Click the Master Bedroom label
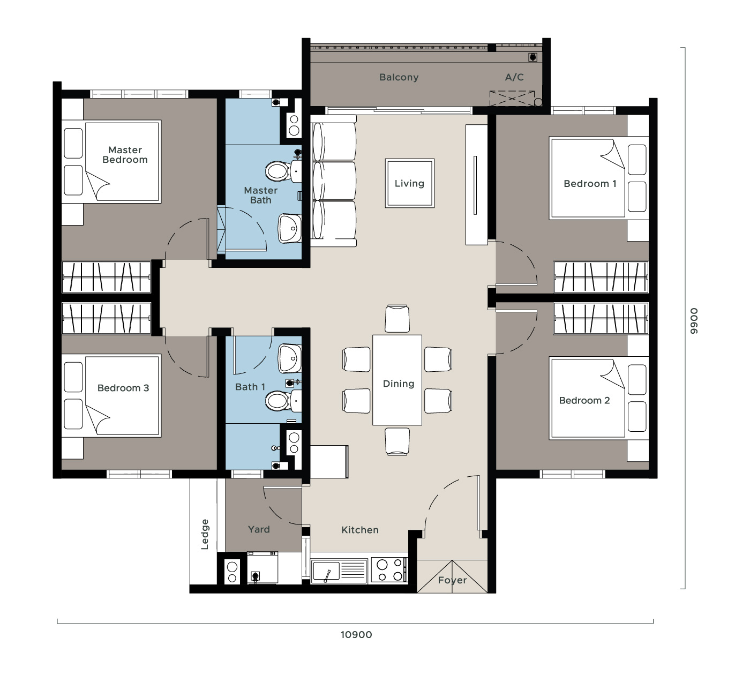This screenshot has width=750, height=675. [125, 155]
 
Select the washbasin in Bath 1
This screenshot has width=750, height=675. [290, 358]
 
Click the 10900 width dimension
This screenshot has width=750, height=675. [356, 635]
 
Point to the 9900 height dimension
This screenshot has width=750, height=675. [694, 321]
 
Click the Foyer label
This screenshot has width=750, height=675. [452, 580]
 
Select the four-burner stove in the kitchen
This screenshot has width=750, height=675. [389, 570]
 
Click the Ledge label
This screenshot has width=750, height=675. [205, 535]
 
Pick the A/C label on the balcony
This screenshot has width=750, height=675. [514, 77]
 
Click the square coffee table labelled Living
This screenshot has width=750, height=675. [410, 183]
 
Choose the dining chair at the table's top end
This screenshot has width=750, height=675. [397, 318]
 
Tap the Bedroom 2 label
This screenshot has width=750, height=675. [584, 401]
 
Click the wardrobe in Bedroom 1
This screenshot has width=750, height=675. [601, 277]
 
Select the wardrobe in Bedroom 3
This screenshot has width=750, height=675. [106, 318]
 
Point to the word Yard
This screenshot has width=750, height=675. [259, 529]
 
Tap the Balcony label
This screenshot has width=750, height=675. [399, 77]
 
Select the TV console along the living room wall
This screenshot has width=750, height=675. [476, 185]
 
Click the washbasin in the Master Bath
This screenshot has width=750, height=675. [290, 229]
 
